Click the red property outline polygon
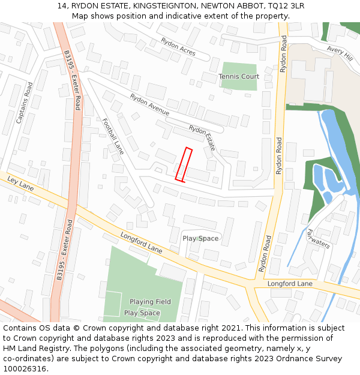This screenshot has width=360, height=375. point(184,164)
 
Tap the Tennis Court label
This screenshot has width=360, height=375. point(239,77)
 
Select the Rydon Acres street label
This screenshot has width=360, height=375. point(178,47)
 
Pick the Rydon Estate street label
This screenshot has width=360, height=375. point(202,137)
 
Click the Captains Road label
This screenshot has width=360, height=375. point(25,103)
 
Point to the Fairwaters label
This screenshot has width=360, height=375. point(318,238)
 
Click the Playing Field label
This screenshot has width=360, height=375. point(150,302)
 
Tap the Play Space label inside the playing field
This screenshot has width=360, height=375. point(142,313)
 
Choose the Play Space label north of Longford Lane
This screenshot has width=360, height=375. point(200,239)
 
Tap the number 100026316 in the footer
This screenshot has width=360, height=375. point(25,369)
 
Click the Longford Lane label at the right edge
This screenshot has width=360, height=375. point(290,283)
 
